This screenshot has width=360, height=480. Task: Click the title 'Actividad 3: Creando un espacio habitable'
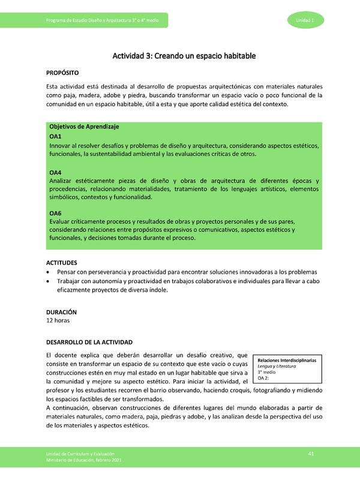[184, 56]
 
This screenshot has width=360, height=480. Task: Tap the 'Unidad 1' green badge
[310, 21]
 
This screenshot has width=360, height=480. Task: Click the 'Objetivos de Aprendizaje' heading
[84, 127]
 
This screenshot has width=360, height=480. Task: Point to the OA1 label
[55, 137]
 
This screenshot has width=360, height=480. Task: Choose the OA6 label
[55, 213]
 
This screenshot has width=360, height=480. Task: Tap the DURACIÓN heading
[62, 313]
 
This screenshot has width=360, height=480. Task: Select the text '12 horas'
[58, 321]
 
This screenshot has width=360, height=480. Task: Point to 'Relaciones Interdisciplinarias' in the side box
[288, 360]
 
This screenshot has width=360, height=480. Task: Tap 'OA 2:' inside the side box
[263, 379]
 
